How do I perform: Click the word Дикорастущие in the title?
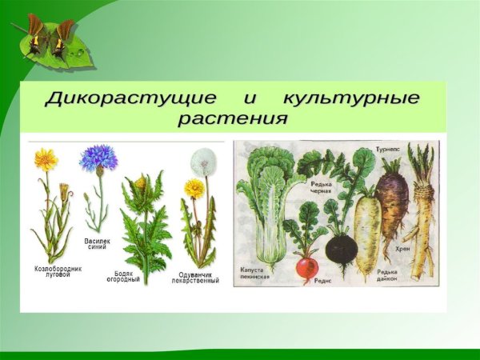point(130,99)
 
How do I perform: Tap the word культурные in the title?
point(351,99)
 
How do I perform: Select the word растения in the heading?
point(233,119)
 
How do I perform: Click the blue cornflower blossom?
point(98,158)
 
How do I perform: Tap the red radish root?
point(307,267)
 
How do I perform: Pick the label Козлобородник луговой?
point(58,270)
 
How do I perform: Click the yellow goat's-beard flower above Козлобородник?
point(46,159)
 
